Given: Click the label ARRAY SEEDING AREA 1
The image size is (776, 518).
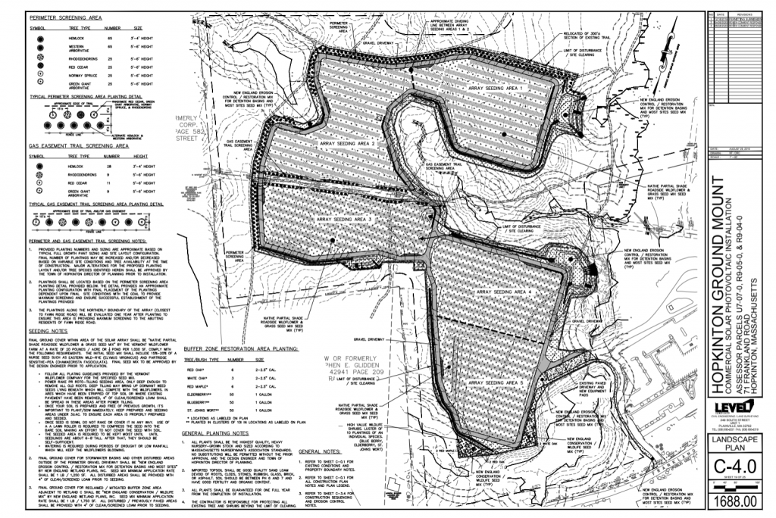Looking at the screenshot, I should point(496,89).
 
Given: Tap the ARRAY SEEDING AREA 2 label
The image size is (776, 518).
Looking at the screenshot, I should point(348,143).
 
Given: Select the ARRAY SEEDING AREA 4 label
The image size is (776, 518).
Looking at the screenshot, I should point(507,292).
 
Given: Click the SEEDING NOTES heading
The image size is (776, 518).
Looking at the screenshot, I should point(46,330).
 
